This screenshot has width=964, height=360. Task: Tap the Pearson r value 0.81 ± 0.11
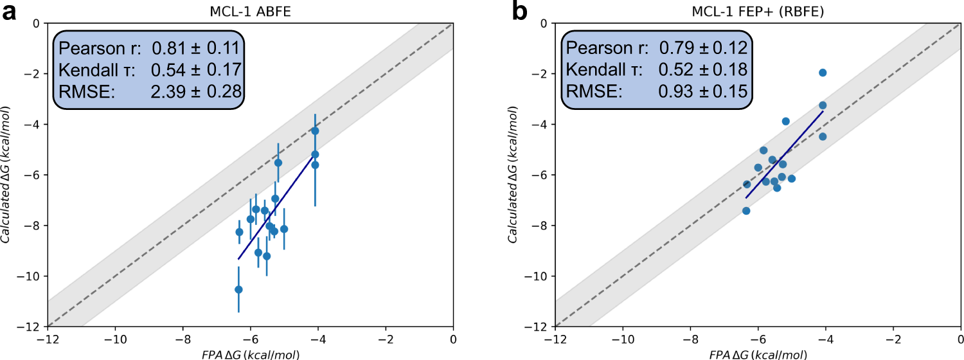[x=195, y=48]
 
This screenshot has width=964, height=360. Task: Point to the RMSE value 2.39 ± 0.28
[x=195, y=92]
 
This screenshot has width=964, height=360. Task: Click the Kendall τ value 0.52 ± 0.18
[x=703, y=70]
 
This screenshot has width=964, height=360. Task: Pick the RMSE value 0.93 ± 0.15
[x=703, y=92]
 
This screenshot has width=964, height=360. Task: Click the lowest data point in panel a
[x=238, y=289]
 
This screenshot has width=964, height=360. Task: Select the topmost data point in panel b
[x=823, y=73]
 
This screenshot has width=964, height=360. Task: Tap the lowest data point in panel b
[x=746, y=211]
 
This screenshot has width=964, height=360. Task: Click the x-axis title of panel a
[x=250, y=354]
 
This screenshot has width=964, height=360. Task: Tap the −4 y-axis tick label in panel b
[x=542, y=124]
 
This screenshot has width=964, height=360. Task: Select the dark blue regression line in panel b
[x=784, y=154]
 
